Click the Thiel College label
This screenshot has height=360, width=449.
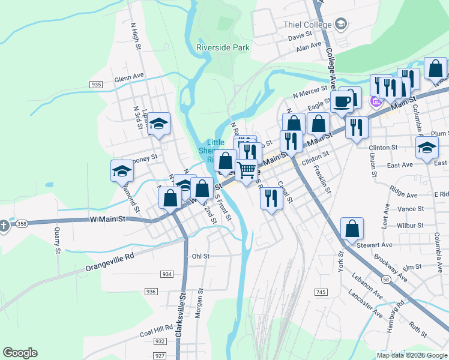tap(307, 25)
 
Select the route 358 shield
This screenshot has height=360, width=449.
tap(22, 224)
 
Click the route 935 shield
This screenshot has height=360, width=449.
tap(96, 85)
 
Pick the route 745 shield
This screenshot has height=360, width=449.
tap(321, 292)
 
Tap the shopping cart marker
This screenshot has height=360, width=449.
tap(246, 170)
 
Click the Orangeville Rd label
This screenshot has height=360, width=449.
tap(110, 262)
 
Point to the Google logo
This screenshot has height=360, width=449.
tap(20, 353)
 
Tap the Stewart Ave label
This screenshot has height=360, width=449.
tap(374, 245)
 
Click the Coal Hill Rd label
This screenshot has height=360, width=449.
tap(156, 329)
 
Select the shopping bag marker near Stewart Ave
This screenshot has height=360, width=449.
tap(352, 229)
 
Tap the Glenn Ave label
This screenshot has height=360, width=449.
tap(130, 78)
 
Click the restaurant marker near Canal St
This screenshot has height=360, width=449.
tap(271, 197)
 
